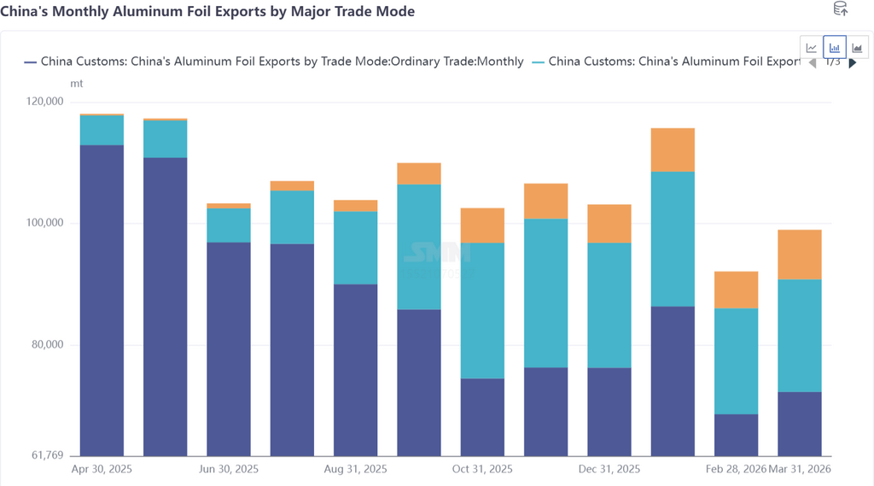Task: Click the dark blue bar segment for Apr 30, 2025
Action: [102, 299]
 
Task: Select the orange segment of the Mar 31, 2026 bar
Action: [800, 255]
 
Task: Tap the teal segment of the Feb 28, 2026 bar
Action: [736, 360]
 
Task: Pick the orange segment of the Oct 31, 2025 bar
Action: [482, 225]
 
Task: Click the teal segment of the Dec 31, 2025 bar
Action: [609, 305]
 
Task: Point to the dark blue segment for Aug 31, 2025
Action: [356, 369]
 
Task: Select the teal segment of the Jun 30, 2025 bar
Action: [229, 225]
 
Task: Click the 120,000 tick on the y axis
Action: [46, 102]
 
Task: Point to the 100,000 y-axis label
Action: [46, 223]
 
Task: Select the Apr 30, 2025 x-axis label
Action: [102, 470]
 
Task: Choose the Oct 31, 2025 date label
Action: [482, 470]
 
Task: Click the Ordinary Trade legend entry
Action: [273, 61]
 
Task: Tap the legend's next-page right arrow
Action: [852, 62]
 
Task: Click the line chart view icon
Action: [812, 48]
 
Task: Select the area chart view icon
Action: [857, 48]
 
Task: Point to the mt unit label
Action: [76, 84]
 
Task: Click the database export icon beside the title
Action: [840, 9]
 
